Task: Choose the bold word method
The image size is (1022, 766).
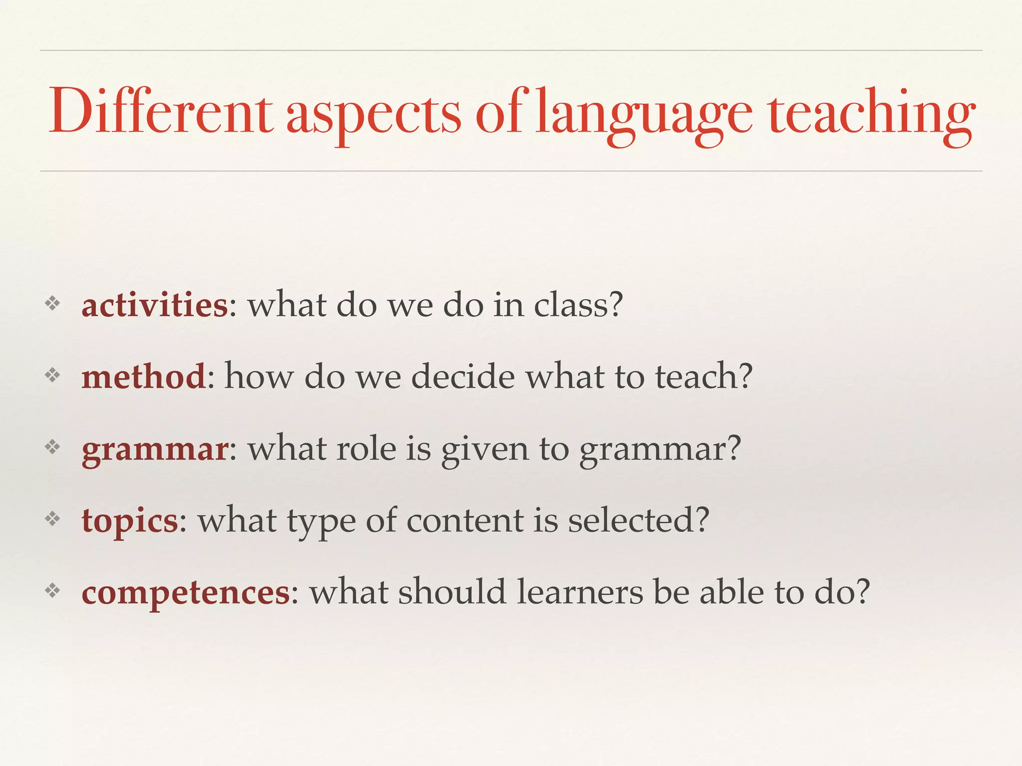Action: pyautogui.click(x=144, y=376)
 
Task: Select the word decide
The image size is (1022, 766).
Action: pyautogui.click(x=463, y=376)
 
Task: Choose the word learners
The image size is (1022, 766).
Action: pyautogui.click(x=579, y=592)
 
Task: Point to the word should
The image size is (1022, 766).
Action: pyautogui.click(x=452, y=592)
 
